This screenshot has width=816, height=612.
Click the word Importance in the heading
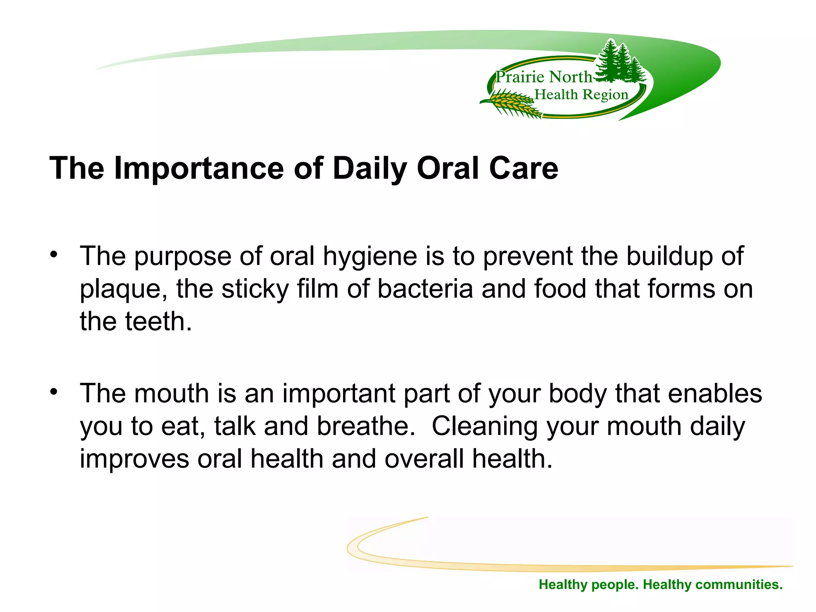pos(198,168)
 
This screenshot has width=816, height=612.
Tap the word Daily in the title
pos(369,168)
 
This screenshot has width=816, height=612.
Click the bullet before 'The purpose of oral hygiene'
pos(54,254)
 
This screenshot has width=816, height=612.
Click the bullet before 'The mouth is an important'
pos(54,391)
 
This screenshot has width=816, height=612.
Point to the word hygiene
pos(370,257)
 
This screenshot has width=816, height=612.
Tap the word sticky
pos(255,289)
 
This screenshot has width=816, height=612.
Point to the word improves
pos(134,459)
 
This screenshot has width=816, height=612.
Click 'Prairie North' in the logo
pos(543,77)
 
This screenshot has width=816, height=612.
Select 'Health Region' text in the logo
pos(581,95)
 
